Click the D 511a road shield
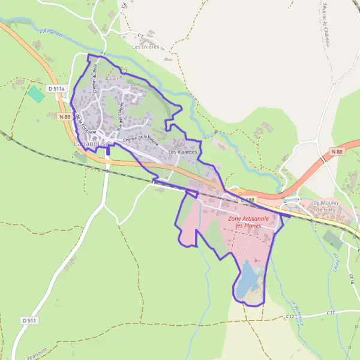(x=58, y=89)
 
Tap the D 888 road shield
(x=248, y=199)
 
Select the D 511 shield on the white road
(x=30, y=321)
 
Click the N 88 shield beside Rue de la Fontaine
(x=65, y=116)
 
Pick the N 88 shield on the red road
(x=337, y=152)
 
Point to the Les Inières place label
(x=146, y=46)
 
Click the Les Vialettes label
(x=182, y=152)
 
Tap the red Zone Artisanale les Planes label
(x=249, y=222)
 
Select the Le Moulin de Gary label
(x=326, y=206)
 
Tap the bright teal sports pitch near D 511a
(x=36, y=94)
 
